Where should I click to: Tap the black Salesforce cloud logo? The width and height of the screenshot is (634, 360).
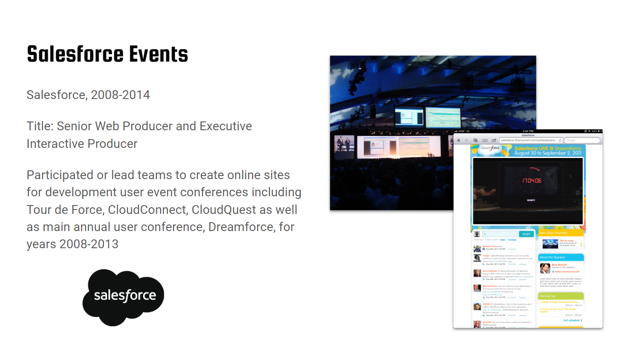(123, 298)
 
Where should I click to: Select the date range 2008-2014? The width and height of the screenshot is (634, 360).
(120, 95)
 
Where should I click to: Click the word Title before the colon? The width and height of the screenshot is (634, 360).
(39, 126)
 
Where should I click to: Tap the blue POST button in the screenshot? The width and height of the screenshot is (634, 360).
(526, 234)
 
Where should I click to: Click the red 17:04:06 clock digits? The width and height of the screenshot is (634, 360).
(531, 181)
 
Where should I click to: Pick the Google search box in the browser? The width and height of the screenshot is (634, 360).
(582, 140)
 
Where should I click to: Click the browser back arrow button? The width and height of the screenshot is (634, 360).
(458, 140)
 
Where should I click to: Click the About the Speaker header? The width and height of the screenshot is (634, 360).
(553, 257)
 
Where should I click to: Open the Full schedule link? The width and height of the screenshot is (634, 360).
(572, 320)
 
